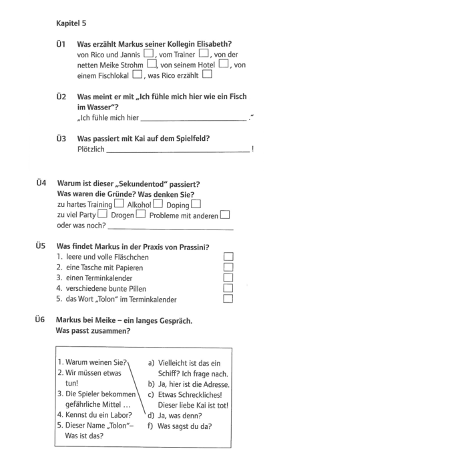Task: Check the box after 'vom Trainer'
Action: point(204,54)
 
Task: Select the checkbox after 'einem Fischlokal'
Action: point(138,75)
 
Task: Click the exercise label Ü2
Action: point(61,97)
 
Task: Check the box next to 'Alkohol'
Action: point(158,204)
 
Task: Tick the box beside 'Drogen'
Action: point(141,215)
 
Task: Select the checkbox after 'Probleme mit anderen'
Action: point(225,215)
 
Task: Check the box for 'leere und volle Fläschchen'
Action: point(228,257)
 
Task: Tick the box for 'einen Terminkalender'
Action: point(228,278)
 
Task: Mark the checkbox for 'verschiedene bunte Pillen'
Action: point(228,288)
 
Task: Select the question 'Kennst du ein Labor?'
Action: point(94,415)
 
